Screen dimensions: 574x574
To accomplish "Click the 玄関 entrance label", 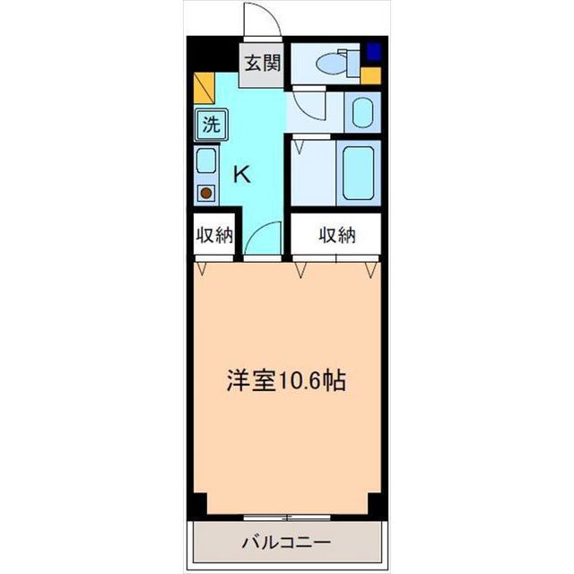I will [x=264, y=65].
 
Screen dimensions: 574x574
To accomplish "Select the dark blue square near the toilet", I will [x=372, y=51].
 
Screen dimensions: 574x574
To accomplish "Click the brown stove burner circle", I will [x=207, y=192].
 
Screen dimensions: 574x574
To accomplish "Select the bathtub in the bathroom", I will [x=361, y=170].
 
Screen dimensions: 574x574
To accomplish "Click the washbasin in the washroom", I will [x=363, y=112].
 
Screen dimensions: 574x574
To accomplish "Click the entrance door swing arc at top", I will [x=260, y=20].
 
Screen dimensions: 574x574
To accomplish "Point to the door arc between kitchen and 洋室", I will [x=263, y=240].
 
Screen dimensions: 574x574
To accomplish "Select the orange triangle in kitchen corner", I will [x=204, y=89].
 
